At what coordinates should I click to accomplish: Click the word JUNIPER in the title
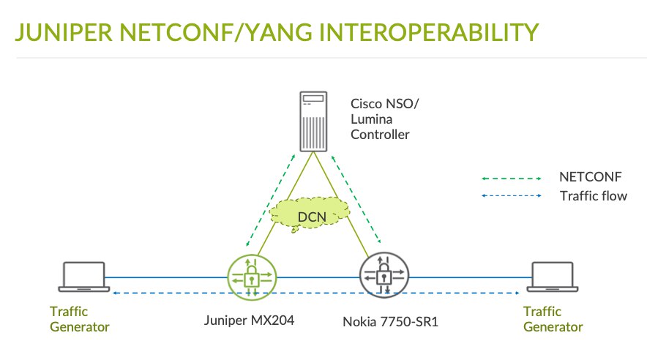coord(64,33)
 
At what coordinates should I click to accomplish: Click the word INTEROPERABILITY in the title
coord(429,33)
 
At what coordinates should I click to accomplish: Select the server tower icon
coord(313,121)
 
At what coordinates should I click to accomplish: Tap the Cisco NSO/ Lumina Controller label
coord(384,119)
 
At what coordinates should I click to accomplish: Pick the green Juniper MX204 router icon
coord(252,277)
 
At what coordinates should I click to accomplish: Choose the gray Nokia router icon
coord(384,275)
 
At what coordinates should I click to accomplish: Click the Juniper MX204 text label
coord(250,320)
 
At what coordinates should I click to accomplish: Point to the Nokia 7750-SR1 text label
coord(390,322)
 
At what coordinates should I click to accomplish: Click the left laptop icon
coord(83,277)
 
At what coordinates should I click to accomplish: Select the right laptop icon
coord(553,277)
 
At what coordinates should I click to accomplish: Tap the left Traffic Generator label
coord(80,319)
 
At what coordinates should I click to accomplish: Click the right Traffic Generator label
coord(553,319)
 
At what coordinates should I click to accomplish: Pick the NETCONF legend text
coord(591,177)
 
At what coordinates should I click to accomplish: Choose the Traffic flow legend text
coord(594,196)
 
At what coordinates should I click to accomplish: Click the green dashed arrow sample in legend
coord(512,179)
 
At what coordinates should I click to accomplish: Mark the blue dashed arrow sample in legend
coord(512,195)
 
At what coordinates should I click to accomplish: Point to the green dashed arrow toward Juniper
coord(271,200)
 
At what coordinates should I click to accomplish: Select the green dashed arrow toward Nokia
coord(356,199)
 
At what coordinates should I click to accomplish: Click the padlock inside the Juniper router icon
coord(251,277)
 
